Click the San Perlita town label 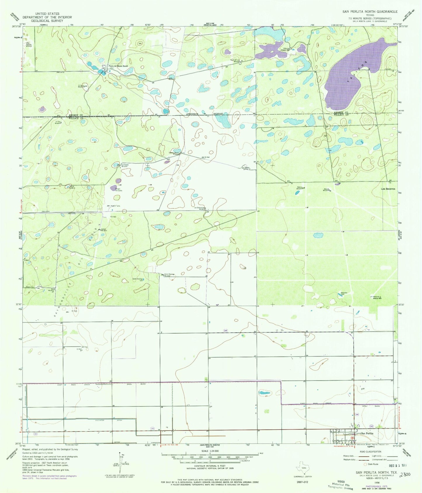(367, 433)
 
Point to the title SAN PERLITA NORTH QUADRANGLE (370, 11)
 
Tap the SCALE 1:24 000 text (210, 451)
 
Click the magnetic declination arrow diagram (120, 463)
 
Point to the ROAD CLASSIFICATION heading (370, 452)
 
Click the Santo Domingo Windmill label (169, 275)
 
